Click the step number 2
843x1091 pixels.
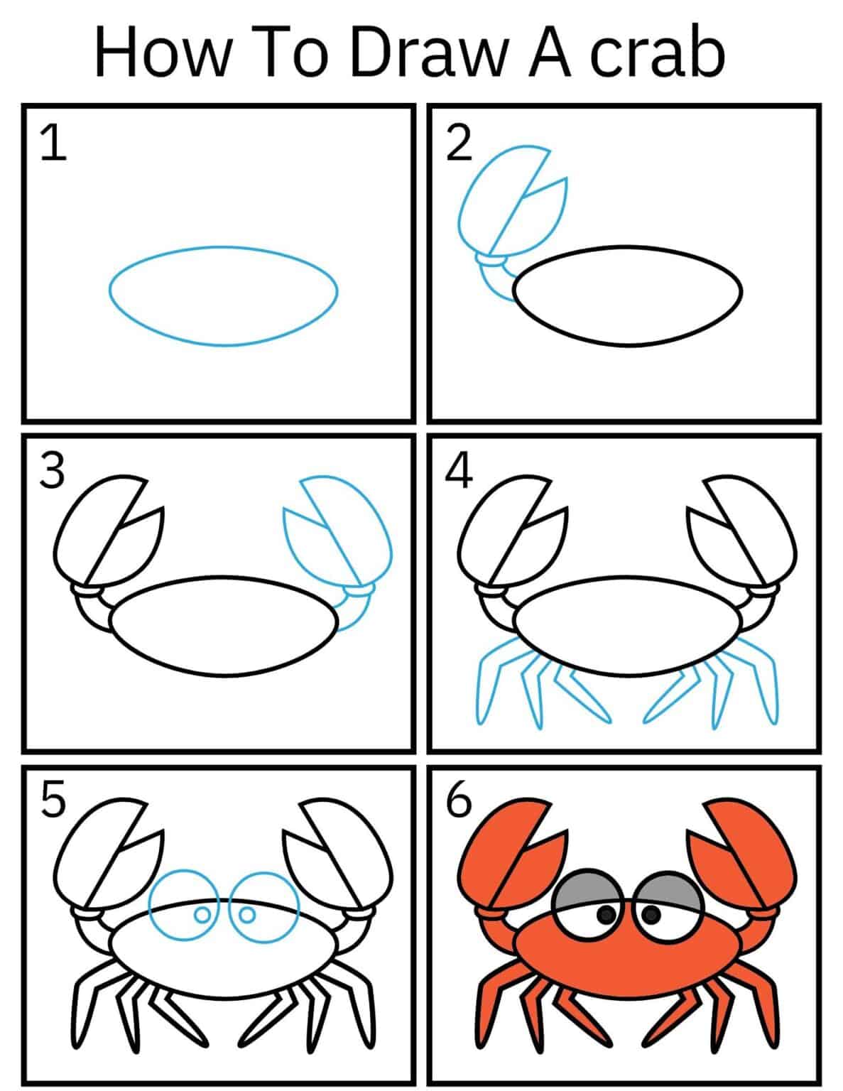[459, 143]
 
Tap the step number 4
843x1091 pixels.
[459, 472]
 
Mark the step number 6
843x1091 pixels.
[459, 800]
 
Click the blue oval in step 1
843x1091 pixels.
[223, 296]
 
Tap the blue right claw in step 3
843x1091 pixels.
[341, 536]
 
